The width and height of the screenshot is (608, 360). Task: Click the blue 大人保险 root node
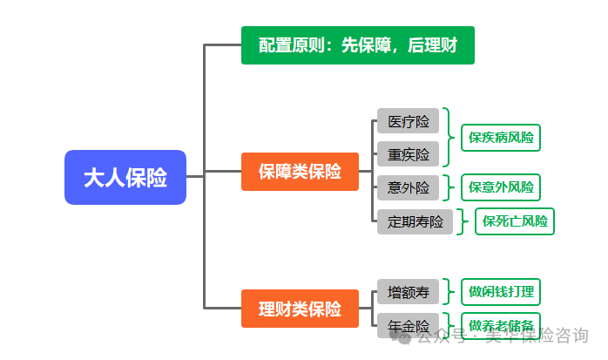pos(125,177)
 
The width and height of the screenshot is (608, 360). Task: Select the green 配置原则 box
pos(357,44)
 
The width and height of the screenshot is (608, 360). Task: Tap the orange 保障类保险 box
pos(300,172)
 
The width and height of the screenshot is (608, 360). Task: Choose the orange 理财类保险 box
pos(300,309)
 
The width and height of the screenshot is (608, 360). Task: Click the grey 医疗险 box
pos(408,121)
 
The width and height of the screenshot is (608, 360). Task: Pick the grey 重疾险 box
pos(408,154)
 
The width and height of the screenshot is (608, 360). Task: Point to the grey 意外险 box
pos(408,187)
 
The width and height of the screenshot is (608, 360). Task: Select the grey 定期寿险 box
pos(415,221)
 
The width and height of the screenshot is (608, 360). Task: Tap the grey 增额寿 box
pos(408,292)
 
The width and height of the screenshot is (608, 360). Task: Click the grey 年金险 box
pos(408,325)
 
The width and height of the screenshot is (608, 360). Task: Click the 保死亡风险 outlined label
pos(515,221)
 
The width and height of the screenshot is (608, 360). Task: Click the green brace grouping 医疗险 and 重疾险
pos(448,137)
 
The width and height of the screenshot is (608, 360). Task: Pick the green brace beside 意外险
pos(448,187)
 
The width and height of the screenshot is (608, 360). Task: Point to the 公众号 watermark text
pos(435,336)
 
